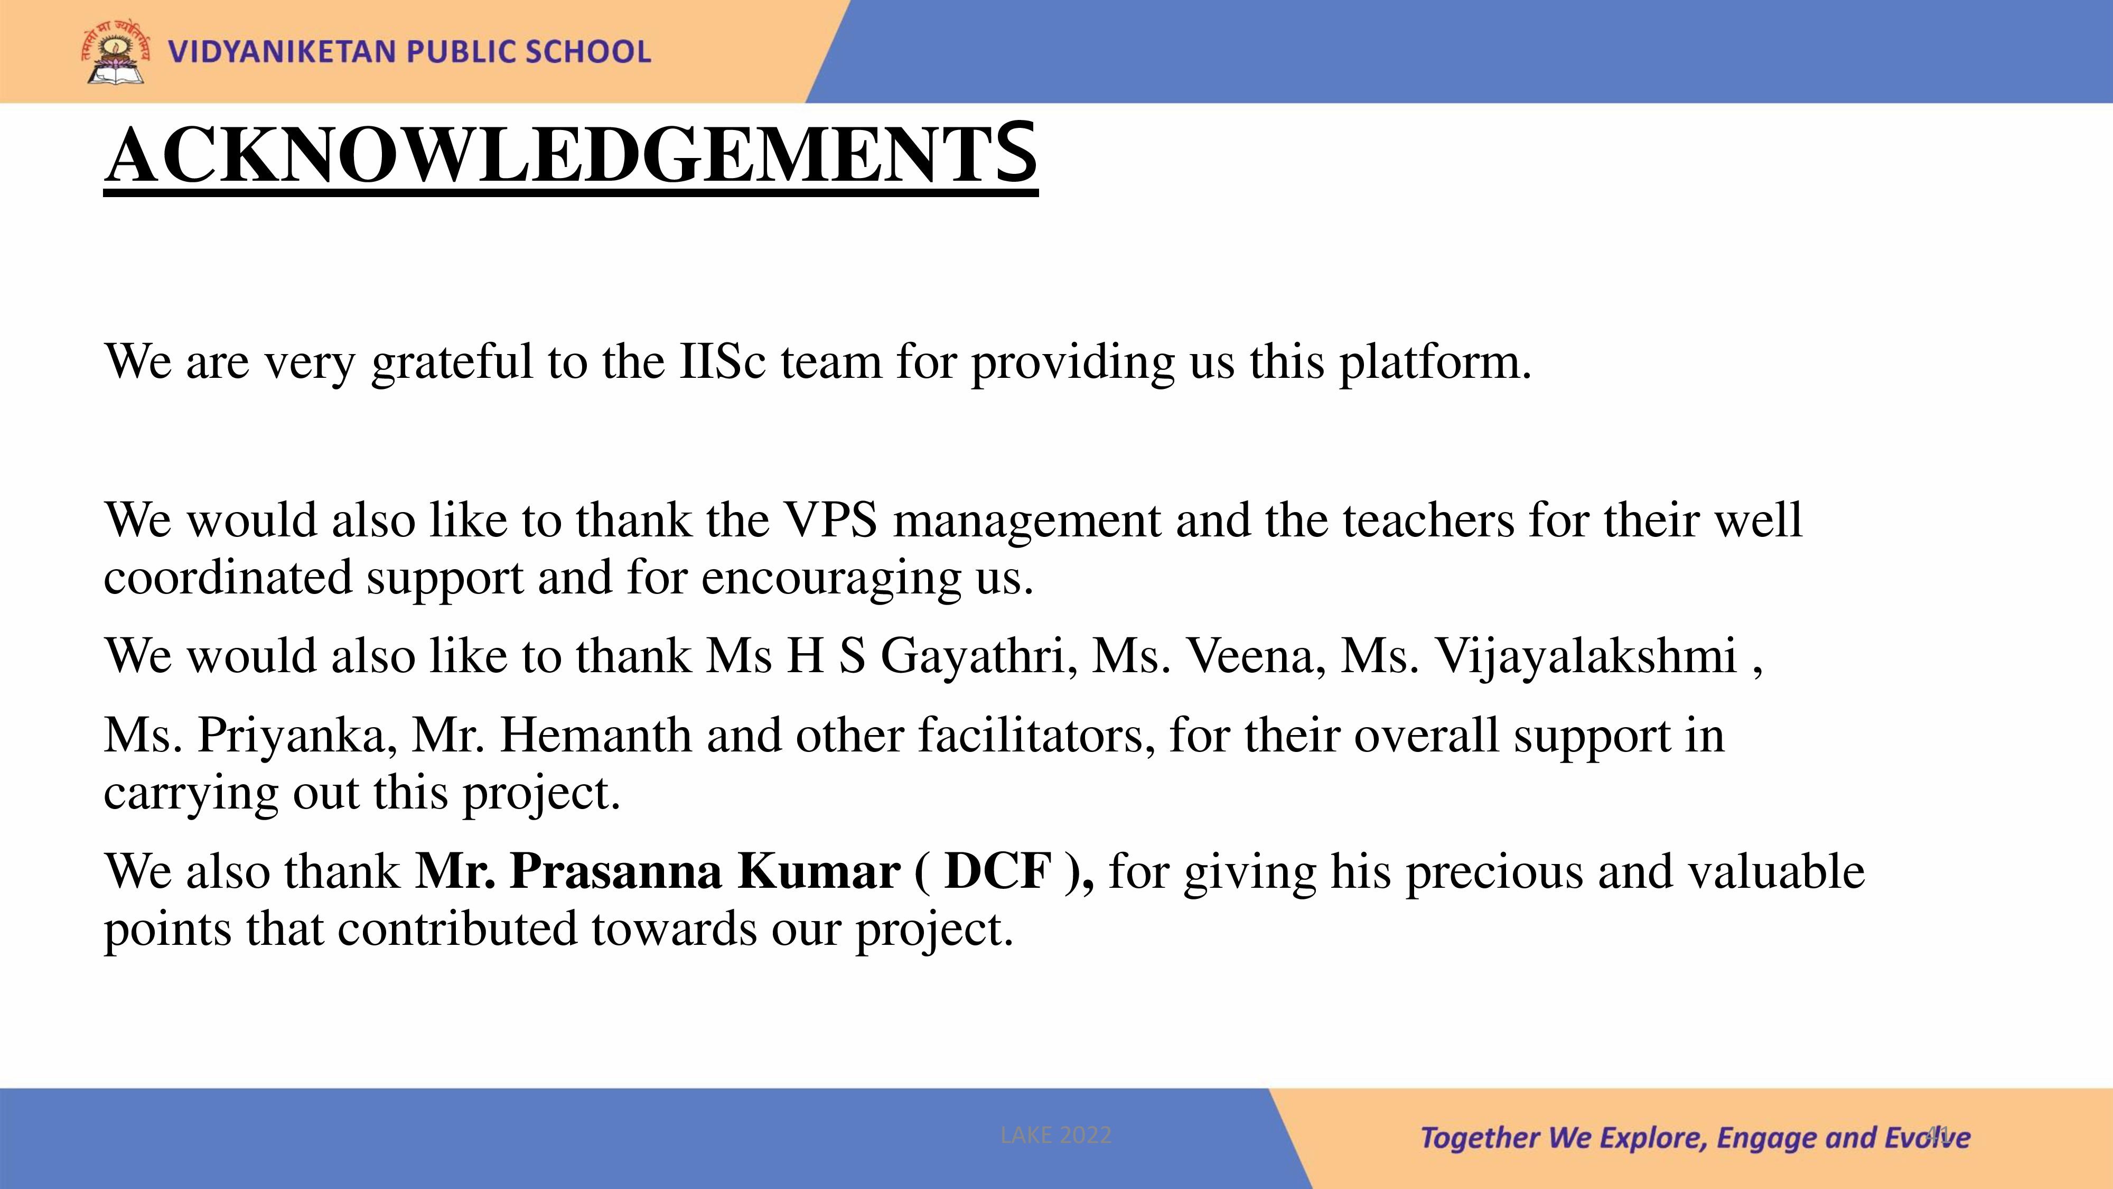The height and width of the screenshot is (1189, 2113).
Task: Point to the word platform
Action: (1435, 363)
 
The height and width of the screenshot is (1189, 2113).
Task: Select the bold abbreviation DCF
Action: (997, 871)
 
